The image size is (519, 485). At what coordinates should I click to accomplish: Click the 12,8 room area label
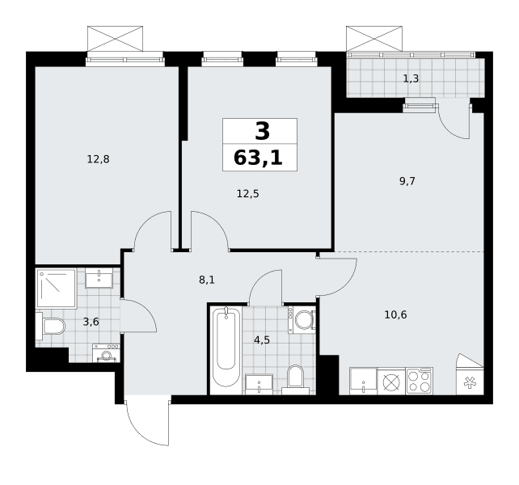(98, 159)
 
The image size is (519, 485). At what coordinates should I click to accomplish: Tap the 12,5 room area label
(247, 194)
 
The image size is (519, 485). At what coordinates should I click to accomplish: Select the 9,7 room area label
(407, 181)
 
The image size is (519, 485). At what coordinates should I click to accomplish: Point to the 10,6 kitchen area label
(395, 314)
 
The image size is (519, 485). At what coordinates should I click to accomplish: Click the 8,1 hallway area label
(207, 280)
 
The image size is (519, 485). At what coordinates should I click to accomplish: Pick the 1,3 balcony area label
(411, 78)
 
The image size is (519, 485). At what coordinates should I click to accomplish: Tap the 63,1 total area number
(258, 158)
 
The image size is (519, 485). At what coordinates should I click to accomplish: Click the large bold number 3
(263, 132)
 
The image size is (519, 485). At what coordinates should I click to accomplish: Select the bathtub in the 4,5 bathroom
(226, 347)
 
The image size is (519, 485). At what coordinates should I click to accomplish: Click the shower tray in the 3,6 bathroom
(57, 289)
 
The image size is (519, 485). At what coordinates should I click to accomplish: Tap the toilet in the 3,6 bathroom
(50, 326)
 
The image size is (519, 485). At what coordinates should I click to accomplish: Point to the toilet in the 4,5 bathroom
(296, 380)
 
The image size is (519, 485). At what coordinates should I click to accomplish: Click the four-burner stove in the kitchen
(420, 381)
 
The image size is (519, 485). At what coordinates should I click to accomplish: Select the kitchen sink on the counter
(363, 381)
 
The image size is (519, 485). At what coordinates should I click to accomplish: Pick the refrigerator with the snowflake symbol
(470, 374)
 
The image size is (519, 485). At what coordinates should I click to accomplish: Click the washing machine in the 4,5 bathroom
(302, 320)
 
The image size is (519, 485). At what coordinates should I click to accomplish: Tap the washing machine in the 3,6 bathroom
(106, 353)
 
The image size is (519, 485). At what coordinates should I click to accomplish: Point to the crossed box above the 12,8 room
(115, 39)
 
